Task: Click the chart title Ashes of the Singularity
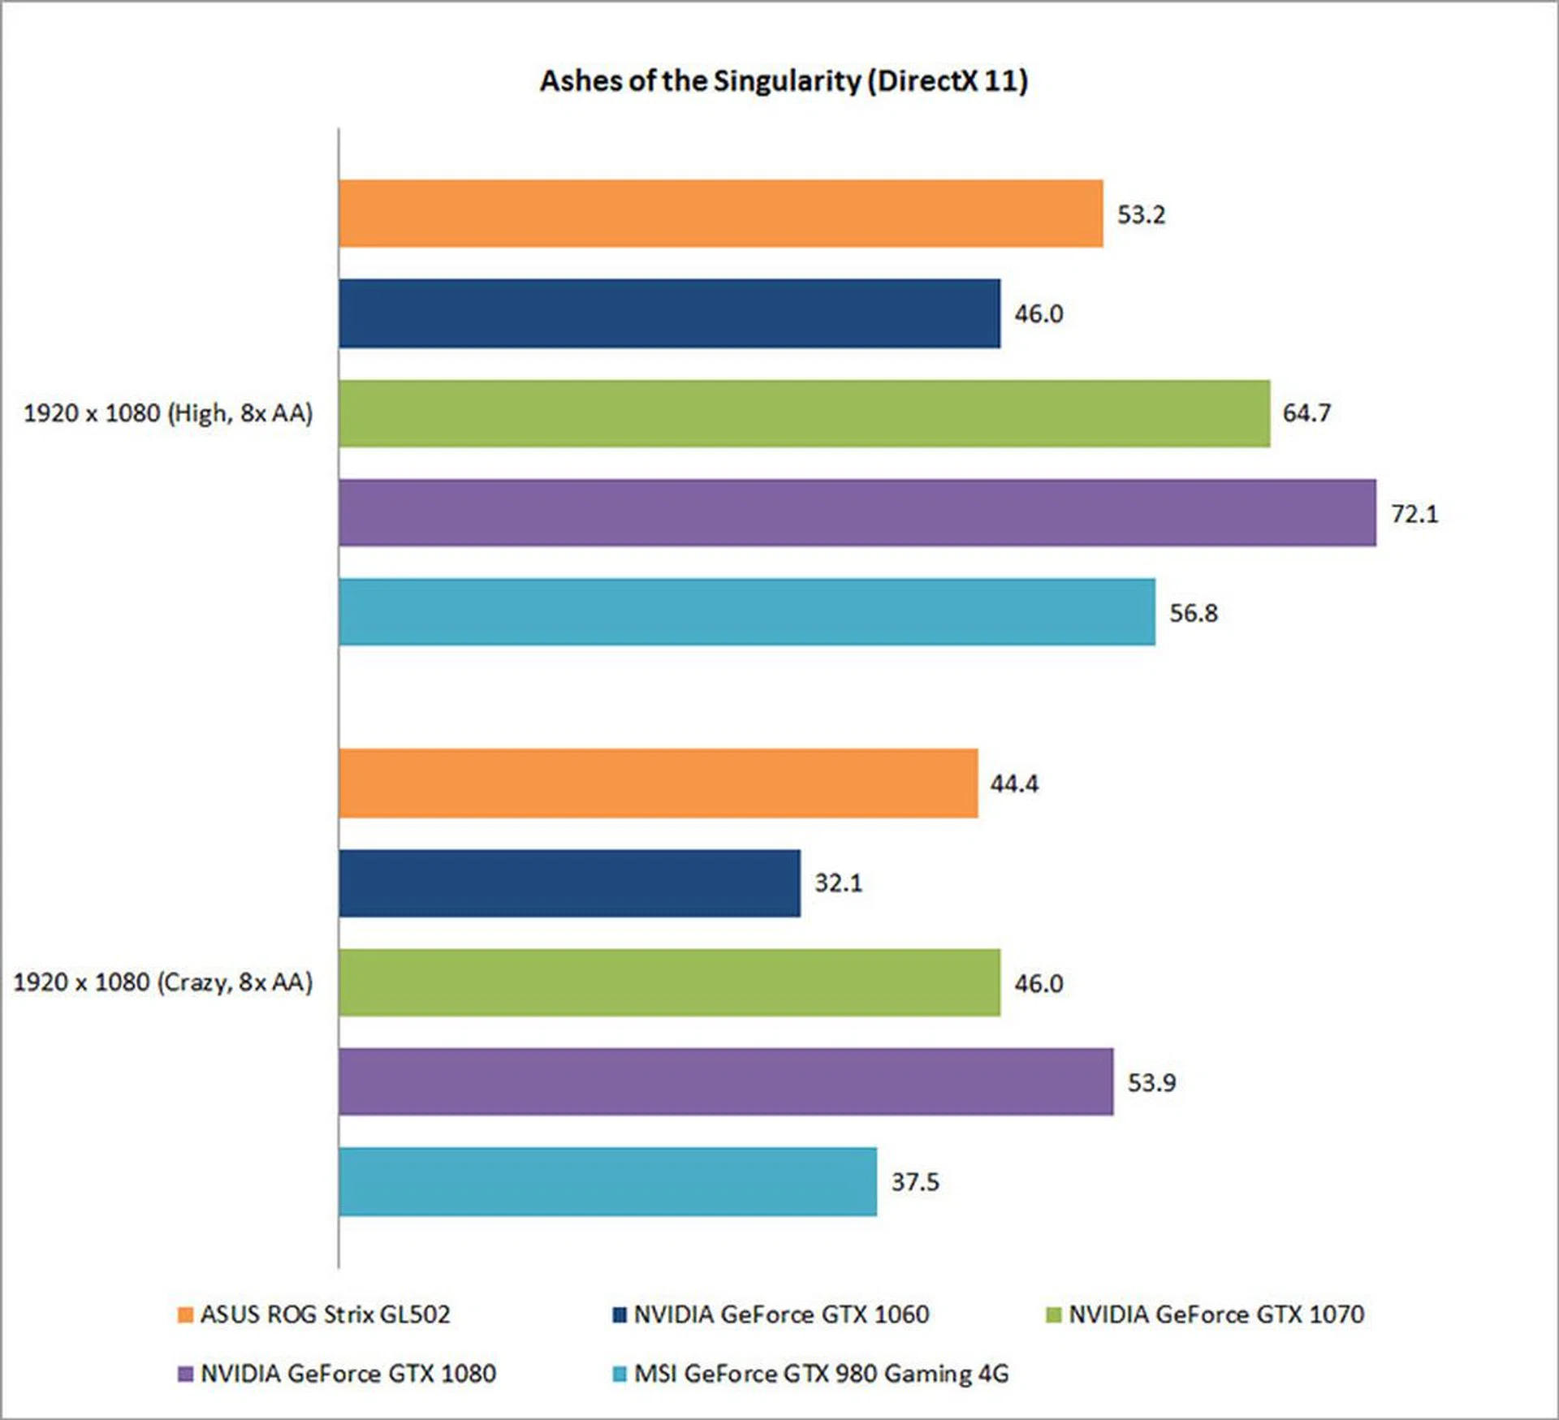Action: click(x=784, y=81)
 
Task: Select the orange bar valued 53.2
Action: click(x=720, y=214)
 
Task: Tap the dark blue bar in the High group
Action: click(x=669, y=313)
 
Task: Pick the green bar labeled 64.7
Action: click(x=804, y=413)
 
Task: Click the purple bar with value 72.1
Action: click(x=857, y=512)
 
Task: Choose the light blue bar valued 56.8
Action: click(x=746, y=612)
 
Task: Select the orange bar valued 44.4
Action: click(x=658, y=783)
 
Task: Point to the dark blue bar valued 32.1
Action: click(x=569, y=883)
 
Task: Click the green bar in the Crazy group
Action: click(x=669, y=982)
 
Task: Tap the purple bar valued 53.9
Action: click(x=725, y=1081)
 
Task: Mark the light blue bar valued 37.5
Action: click(x=607, y=1181)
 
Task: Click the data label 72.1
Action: click(x=1414, y=513)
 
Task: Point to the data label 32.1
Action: click(x=839, y=883)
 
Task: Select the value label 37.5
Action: click(x=915, y=1181)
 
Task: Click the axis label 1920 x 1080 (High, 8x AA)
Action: click(x=168, y=413)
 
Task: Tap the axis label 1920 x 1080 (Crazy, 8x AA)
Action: click(x=163, y=982)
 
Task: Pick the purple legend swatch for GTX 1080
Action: click(x=186, y=1374)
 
